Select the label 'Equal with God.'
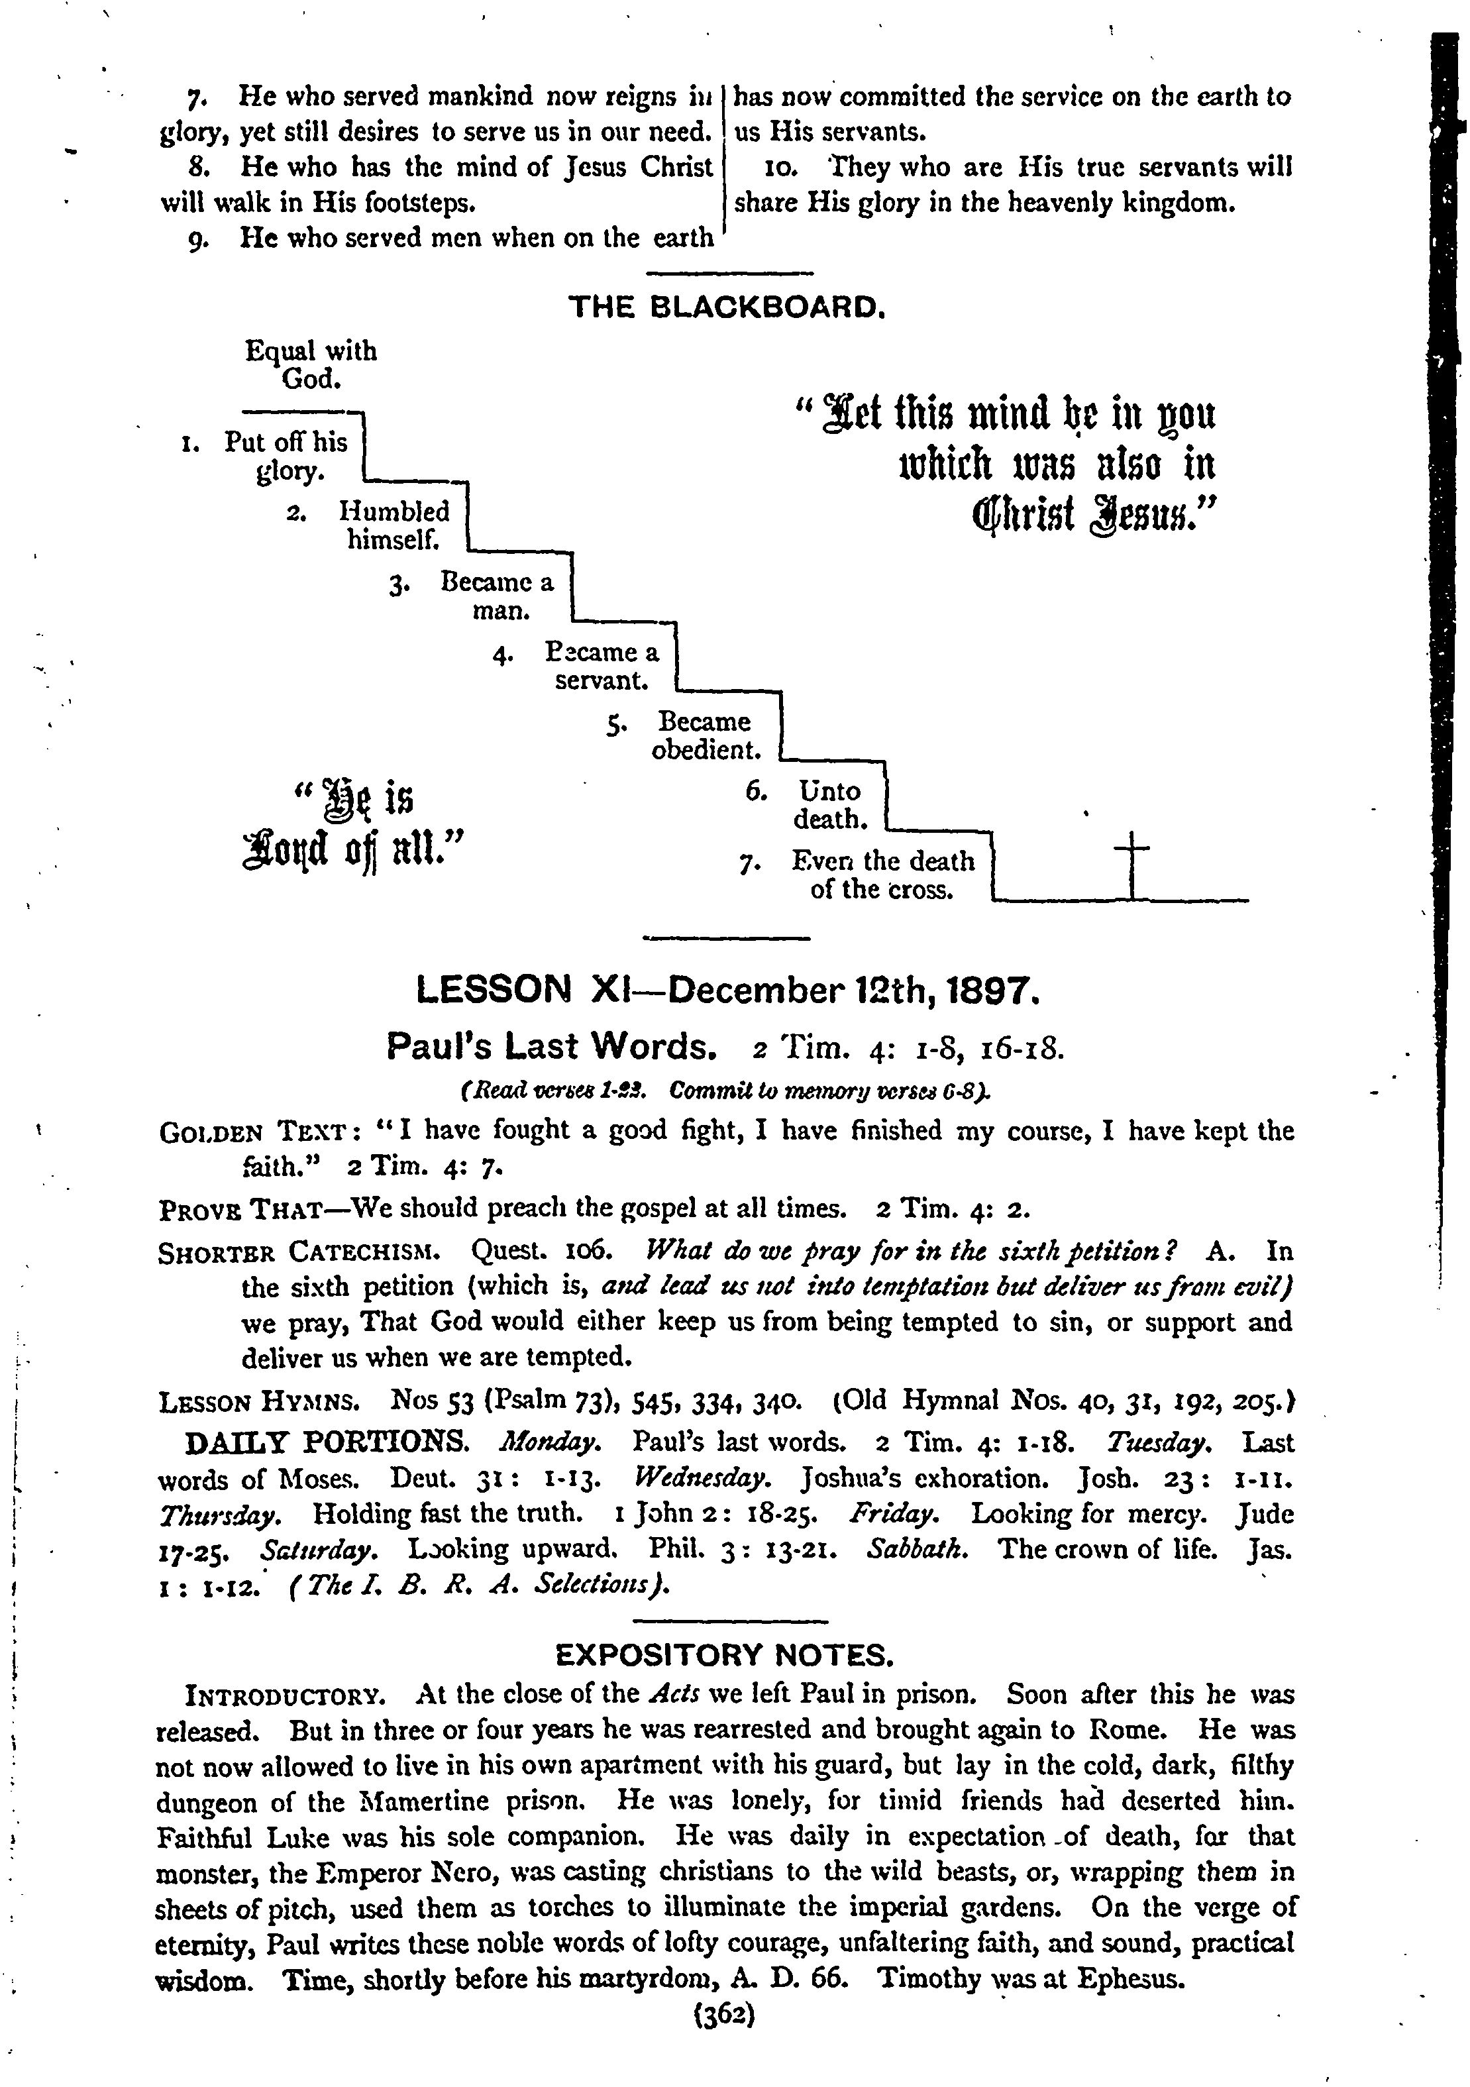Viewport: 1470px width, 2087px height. tap(311, 364)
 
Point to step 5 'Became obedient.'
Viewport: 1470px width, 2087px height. tap(706, 735)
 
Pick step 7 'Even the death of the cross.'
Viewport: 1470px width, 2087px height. tap(882, 875)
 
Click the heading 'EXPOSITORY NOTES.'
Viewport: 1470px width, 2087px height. tap(725, 1654)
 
